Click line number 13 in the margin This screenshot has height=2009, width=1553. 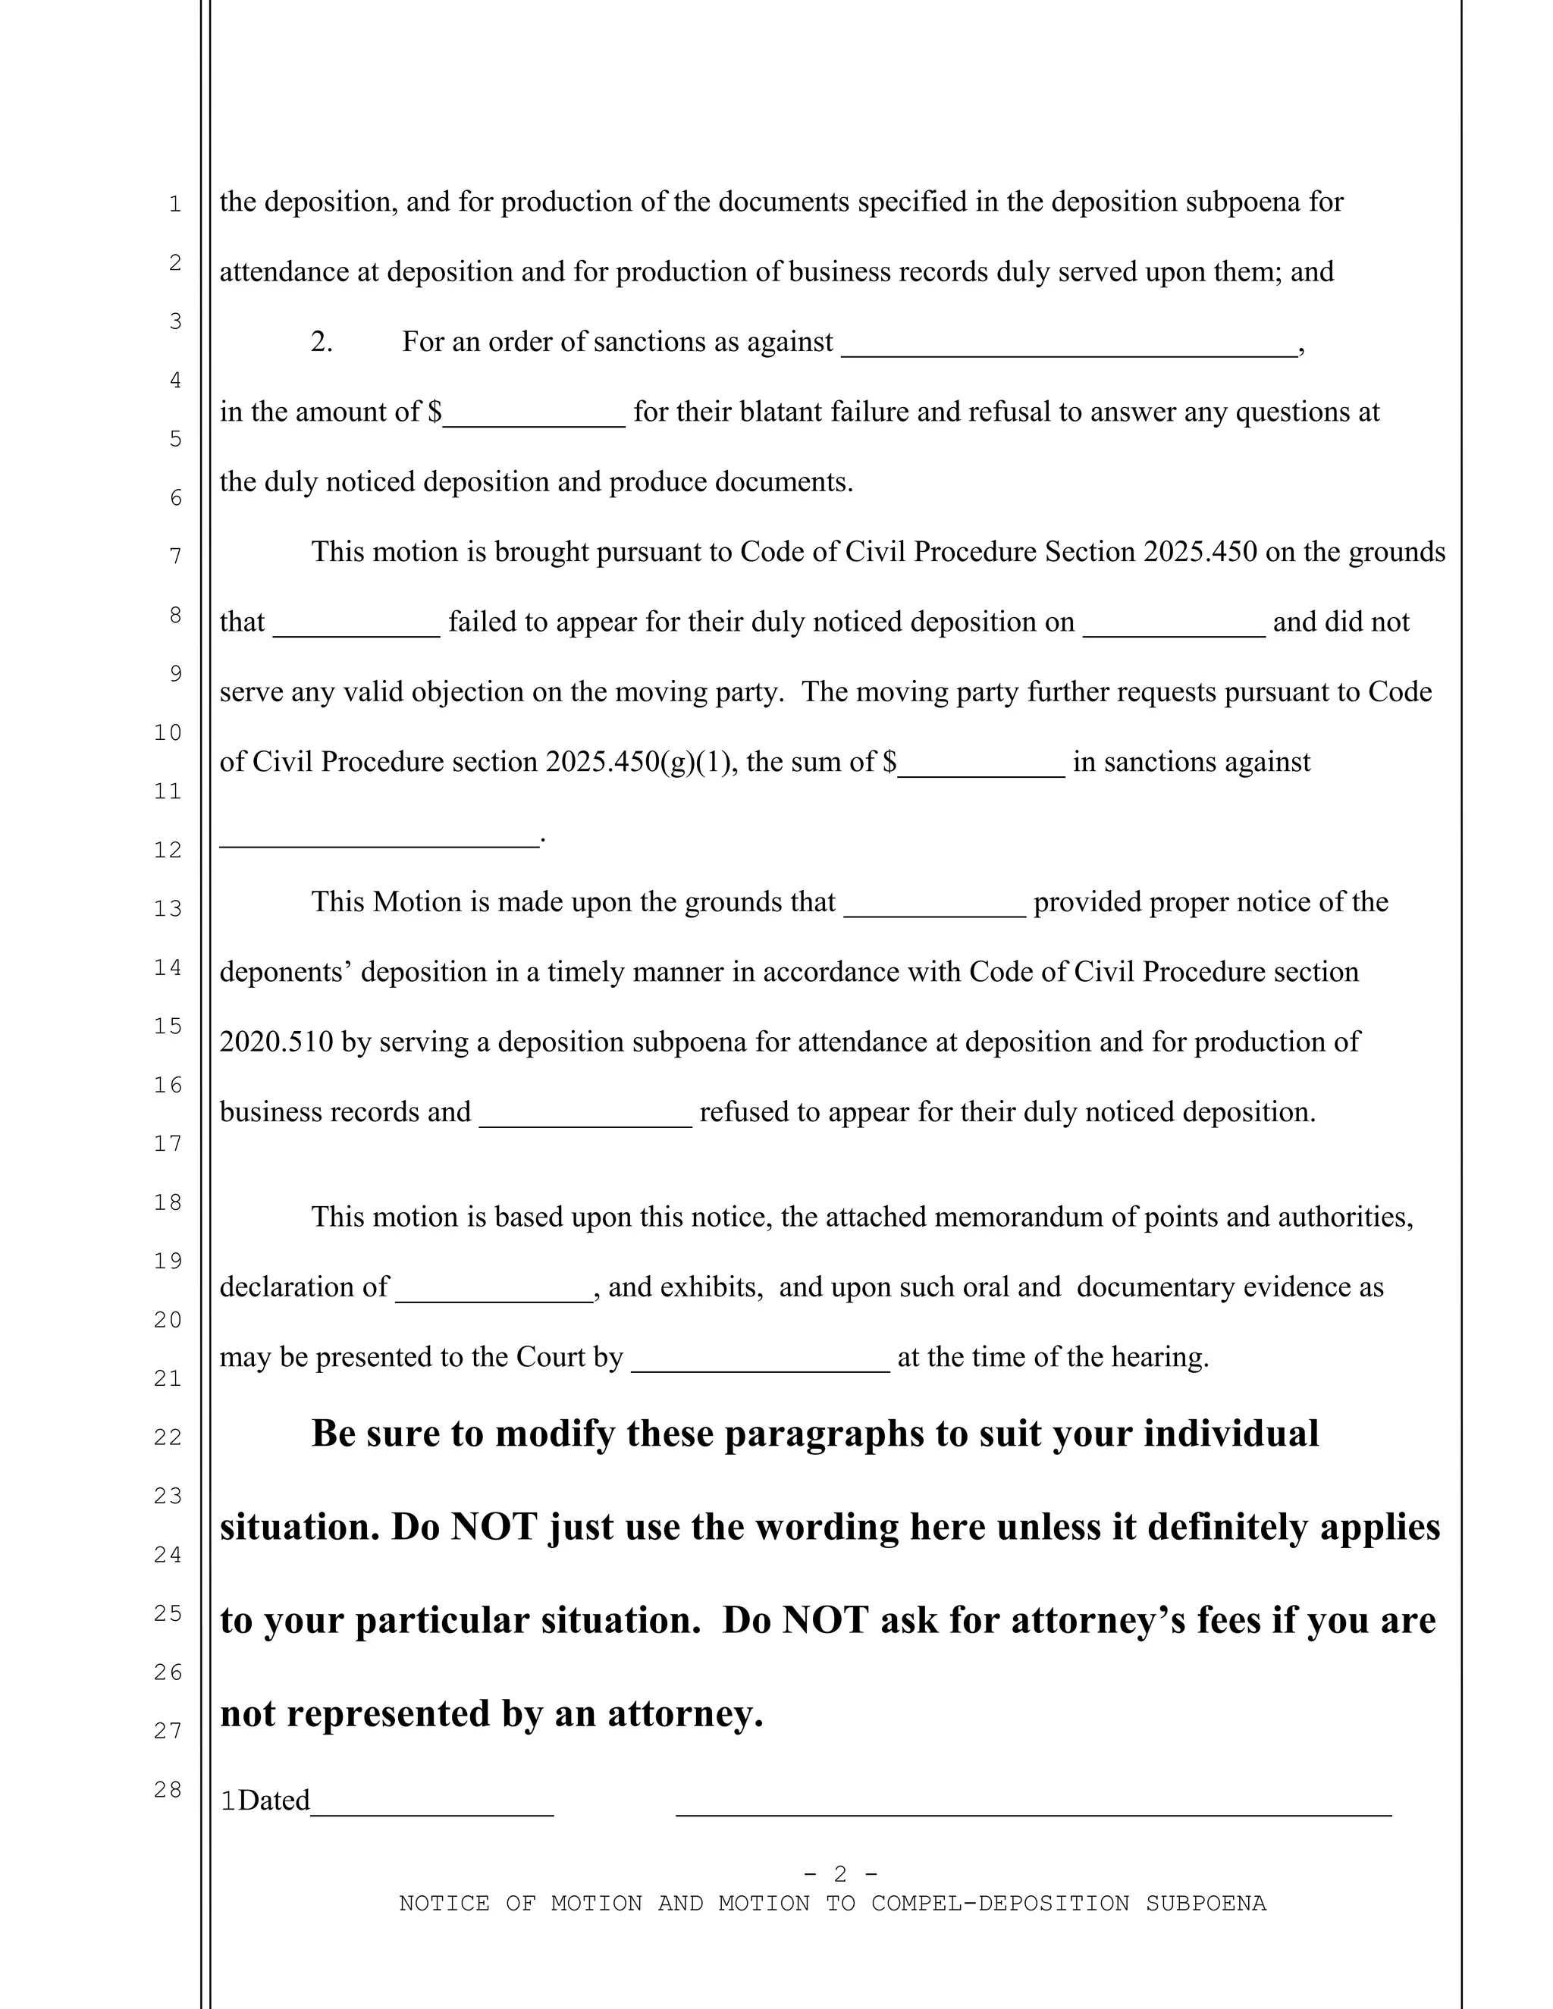click(168, 909)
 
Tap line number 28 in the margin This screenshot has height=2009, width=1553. click(168, 1789)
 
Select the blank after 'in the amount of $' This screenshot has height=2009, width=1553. click(534, 415)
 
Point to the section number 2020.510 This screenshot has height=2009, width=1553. click(276, 1042)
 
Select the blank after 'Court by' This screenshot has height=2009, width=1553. click(760, 1362)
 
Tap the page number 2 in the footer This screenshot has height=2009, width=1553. click(840, 1873)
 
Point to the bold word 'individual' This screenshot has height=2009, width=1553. click(1230, 1433)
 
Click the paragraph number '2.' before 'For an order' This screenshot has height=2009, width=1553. click(321, 341)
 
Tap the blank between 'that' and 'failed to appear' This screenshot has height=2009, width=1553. click(357, 626)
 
